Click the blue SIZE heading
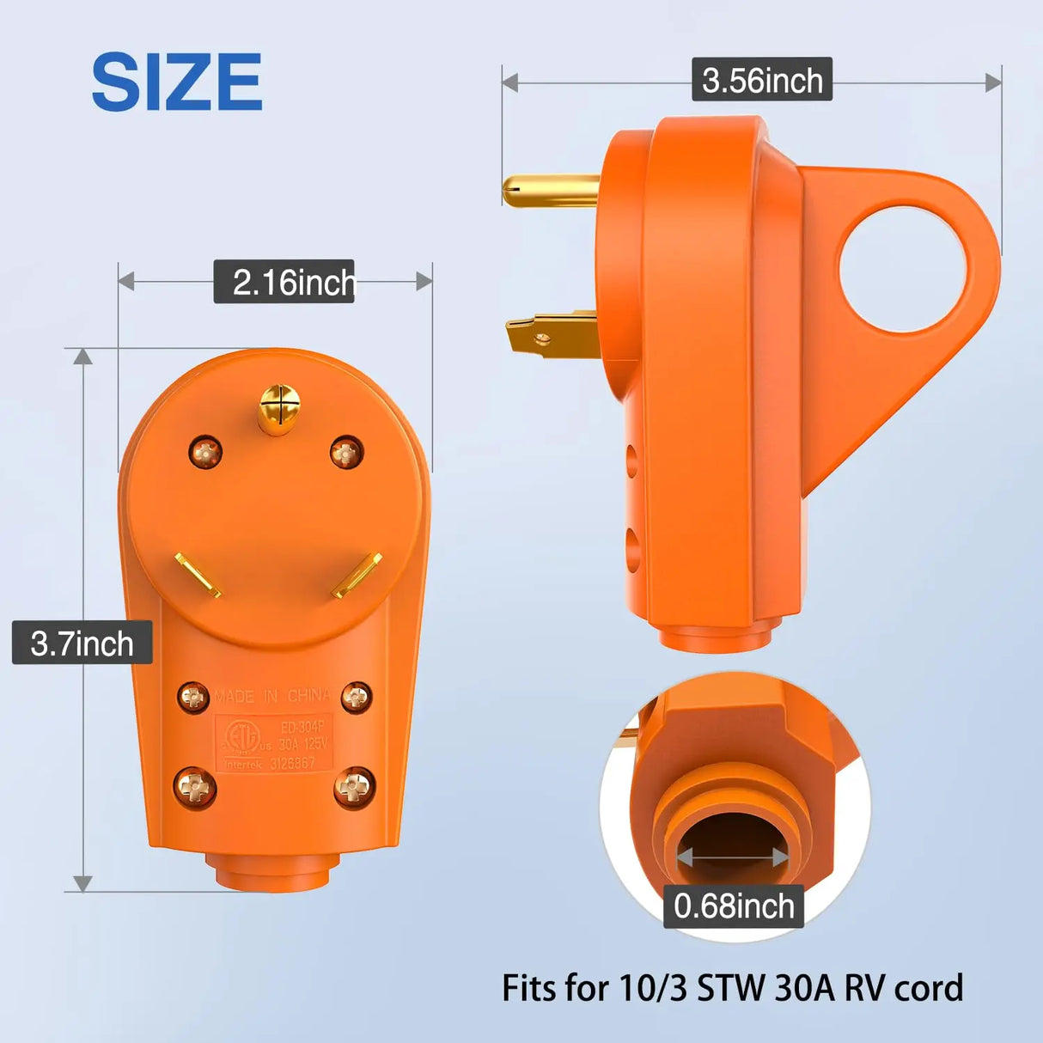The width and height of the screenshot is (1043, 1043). pyautogui.click(x=176, y=82)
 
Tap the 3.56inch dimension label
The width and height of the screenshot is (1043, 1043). pyautogui.click(x=762, y=80)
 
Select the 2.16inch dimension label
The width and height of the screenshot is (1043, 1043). pyautogui.click(x=284, y=282)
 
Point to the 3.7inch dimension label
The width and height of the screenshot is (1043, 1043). pyautogui.click(x=82, y=643)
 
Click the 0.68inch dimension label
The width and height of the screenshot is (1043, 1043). pyautogui.click(x=734, y=906)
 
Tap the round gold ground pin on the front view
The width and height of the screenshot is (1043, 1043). pyautogui.click(x=279, y=407)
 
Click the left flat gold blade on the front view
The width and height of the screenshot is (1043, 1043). pyautogui.click(x=198, y=575)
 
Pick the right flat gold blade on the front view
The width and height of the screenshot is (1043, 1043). pyautogui.click(x=357, y=575)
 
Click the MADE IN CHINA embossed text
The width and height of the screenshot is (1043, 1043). pyautogui.click(x=272, y=696)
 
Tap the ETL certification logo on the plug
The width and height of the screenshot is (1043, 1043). pyautogui.click(x=242, y=736)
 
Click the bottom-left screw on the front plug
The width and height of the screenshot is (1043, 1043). pyautogui.click(x=195, y=786)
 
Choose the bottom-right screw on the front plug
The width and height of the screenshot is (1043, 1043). pyautogui.click(x=354, y=786)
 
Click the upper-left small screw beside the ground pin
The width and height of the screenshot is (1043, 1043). pyautogui.click(x=205, y=452)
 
